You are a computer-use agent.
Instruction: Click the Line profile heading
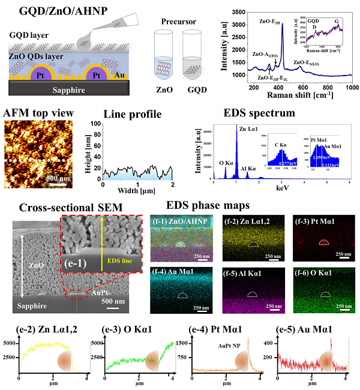click(130, 114)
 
